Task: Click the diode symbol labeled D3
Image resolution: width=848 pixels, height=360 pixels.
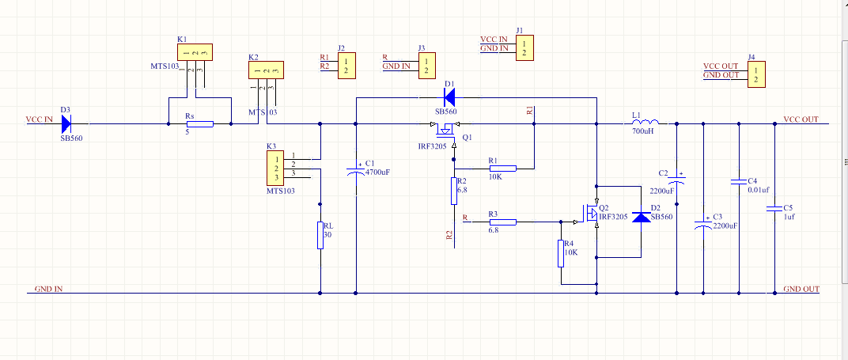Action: (x=66, y=123)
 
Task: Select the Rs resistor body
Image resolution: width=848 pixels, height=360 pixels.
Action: (x=199, y=123)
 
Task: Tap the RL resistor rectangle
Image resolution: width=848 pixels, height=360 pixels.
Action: (x=320, y=235)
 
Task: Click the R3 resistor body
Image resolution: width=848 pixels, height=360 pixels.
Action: (x=502, y=222)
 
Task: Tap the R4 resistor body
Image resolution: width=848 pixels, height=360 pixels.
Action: (x=560, y=253)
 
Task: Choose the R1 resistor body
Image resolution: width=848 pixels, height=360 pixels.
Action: (x=502, y=168)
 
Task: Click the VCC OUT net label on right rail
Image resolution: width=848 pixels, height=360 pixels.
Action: (x=801, y=119)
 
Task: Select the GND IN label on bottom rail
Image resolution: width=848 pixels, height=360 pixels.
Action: (x=48, y=289)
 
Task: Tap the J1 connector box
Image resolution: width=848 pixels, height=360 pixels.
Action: (x=522, y=47)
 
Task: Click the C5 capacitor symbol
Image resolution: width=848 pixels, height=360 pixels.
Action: (x=772, y=210)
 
